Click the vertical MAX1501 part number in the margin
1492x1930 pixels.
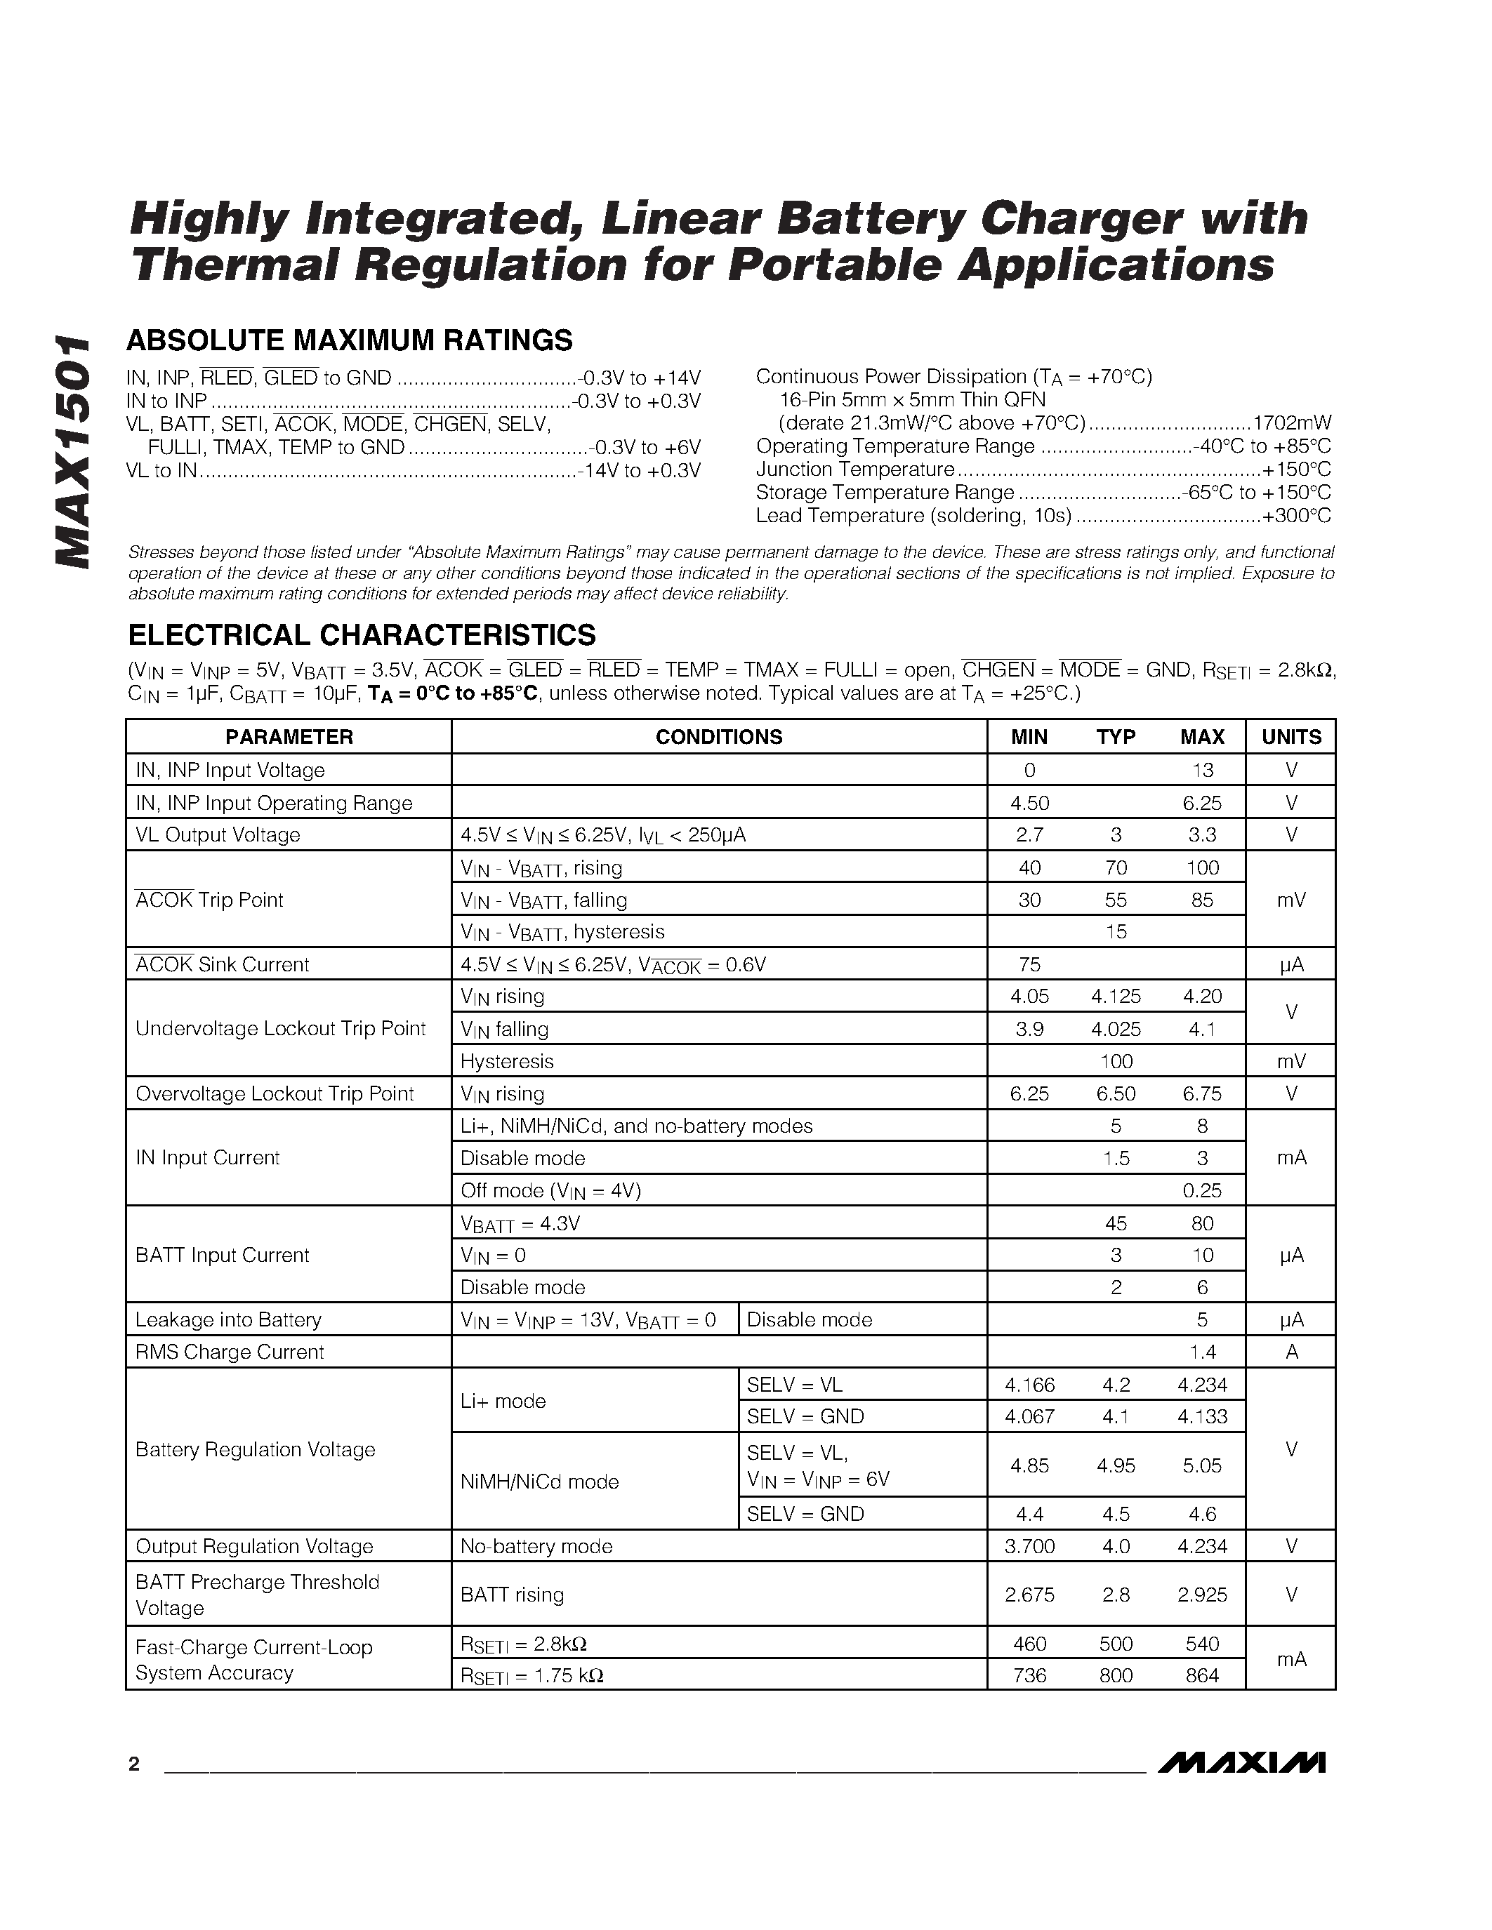(x=72, y=451)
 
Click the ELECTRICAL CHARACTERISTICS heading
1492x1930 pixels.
(x=362, y=634)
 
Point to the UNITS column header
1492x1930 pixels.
(x=1290, y=737)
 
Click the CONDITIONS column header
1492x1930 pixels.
(x=718, y=737)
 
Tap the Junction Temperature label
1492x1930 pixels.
(x=854, y=470)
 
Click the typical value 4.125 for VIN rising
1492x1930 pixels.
(x=1116, y=996)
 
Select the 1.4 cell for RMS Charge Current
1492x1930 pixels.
(x=1202, y=1352)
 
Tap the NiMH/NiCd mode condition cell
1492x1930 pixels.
(x=539, y=1481)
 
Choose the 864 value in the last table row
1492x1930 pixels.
(x=1202, y=1675)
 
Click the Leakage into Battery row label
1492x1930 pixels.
(x=228, y=1319)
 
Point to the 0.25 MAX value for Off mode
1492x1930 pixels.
(x=1202, y=1190)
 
